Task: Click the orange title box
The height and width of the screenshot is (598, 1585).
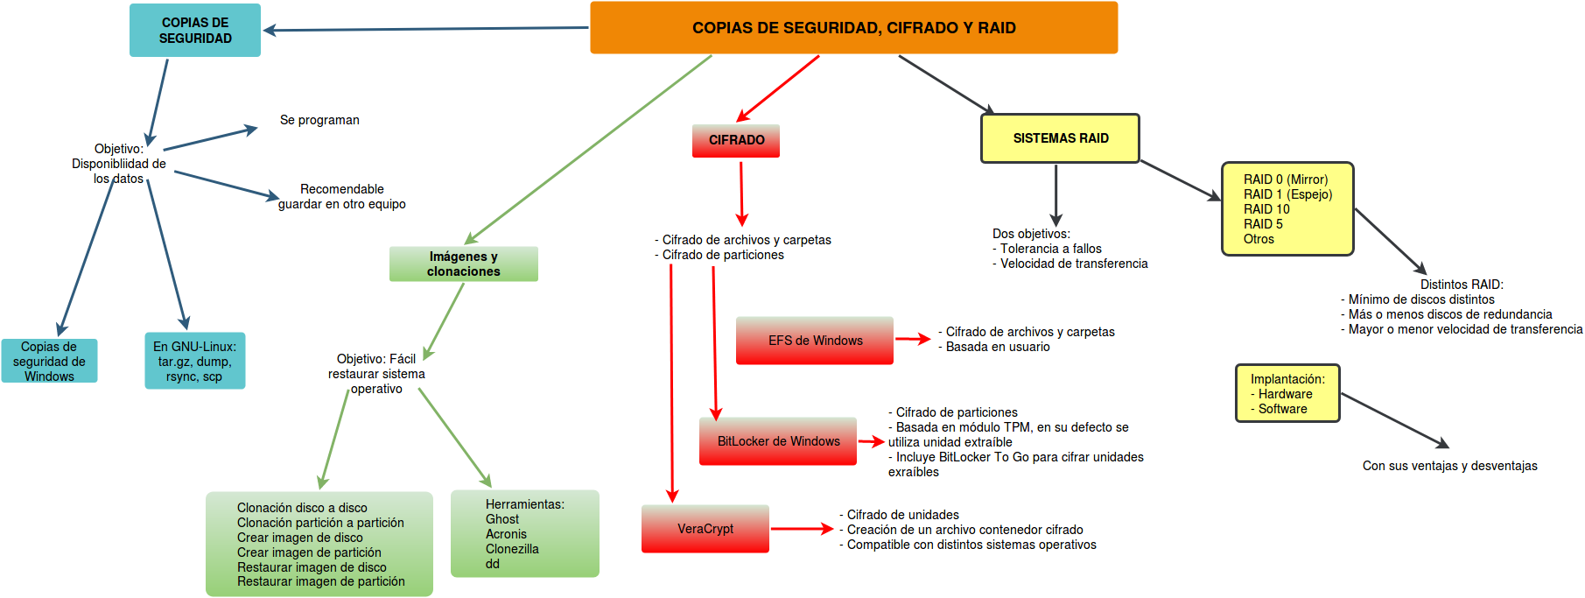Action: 853,28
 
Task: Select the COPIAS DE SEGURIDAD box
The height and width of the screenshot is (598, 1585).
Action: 195,31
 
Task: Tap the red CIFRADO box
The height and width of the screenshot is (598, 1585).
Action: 736,140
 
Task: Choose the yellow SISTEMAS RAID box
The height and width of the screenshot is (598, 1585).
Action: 1060,138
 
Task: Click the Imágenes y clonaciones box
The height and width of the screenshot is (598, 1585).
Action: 463,264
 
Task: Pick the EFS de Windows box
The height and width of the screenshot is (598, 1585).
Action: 815,341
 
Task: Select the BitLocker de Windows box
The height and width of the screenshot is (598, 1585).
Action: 778,441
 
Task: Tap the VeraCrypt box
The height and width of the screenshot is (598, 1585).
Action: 705,529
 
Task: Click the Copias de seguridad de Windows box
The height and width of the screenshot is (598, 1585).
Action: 49,362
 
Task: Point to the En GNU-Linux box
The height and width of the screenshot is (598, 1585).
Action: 194,361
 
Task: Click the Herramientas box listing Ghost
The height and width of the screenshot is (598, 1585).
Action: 524,533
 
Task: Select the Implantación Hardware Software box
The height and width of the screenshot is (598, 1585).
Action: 1287,394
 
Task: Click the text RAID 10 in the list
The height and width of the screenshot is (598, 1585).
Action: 1266,209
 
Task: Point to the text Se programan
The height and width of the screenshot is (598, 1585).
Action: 319,120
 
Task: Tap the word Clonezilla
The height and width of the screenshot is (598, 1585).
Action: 512,549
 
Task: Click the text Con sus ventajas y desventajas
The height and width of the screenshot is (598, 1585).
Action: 1449,466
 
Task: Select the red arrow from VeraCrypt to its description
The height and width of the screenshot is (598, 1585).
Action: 801,529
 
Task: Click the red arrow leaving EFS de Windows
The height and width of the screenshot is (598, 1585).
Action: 912,339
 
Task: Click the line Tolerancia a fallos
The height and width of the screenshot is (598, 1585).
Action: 1050,249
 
